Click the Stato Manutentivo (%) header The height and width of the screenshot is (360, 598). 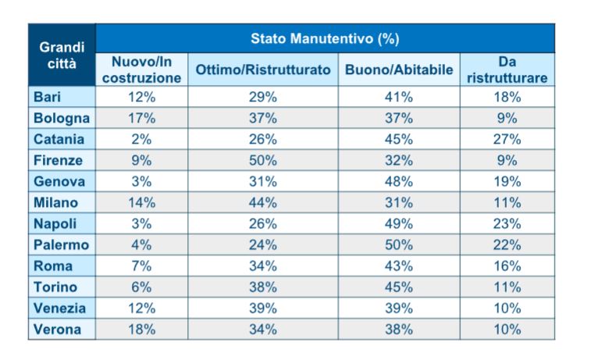[325, 37]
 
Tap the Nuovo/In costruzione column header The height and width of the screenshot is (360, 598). [141, 70]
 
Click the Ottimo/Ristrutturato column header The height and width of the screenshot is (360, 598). [263, 70]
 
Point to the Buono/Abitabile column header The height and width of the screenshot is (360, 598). [399, 70]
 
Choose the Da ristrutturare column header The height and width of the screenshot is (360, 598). [507, 70]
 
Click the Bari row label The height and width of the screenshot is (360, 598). [47, 97]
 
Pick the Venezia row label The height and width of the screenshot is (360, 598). [59, 308]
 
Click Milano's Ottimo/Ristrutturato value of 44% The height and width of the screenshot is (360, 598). [263, 202]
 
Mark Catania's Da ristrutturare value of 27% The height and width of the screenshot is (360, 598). [507, 139]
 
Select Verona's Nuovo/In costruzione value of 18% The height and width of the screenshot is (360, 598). [141, 329]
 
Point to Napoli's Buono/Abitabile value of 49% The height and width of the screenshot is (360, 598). [399, 223]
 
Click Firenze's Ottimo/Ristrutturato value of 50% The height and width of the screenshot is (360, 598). [263, 160]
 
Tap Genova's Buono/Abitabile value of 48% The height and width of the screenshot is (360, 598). [399, 181]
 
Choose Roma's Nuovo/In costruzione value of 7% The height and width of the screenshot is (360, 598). [141, 266]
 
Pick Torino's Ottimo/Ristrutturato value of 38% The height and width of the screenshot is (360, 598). [263, 287]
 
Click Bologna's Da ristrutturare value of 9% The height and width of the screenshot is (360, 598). [507, 118]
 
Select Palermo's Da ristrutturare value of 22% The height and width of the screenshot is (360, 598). [507, 244]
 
